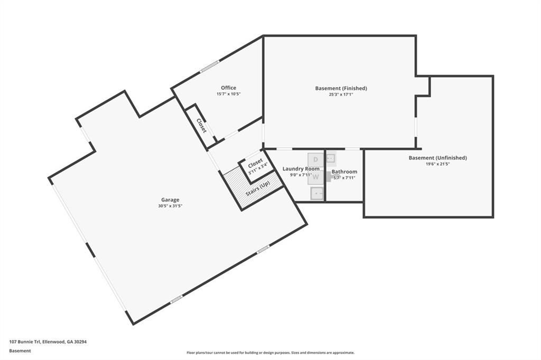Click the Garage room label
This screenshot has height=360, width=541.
pos(170,200)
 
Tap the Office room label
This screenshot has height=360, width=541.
pos(228,88)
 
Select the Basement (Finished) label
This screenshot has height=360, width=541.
pos(341,88)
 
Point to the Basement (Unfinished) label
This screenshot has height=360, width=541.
pos(437,158)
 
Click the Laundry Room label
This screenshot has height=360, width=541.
pos(301,168)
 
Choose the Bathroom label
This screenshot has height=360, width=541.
pos(344,172)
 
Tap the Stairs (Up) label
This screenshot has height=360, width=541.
pos(257,189)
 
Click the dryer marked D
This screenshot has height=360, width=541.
pos(315,159)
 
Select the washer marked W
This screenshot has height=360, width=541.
pos(316,177)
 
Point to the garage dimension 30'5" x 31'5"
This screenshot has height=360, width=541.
pos(170,206)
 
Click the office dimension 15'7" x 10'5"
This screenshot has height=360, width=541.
pos(228,94)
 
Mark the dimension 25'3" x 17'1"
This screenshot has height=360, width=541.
pos(341,94)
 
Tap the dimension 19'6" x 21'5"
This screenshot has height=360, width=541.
pos(437,164)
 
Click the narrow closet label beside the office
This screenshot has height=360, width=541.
pos(201,126)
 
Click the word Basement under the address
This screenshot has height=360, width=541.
pos(20,350)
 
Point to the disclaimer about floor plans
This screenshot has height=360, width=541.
pos(270,353)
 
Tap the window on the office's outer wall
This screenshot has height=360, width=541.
pos(209,67)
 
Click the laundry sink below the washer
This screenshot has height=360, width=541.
pos(317,193)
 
